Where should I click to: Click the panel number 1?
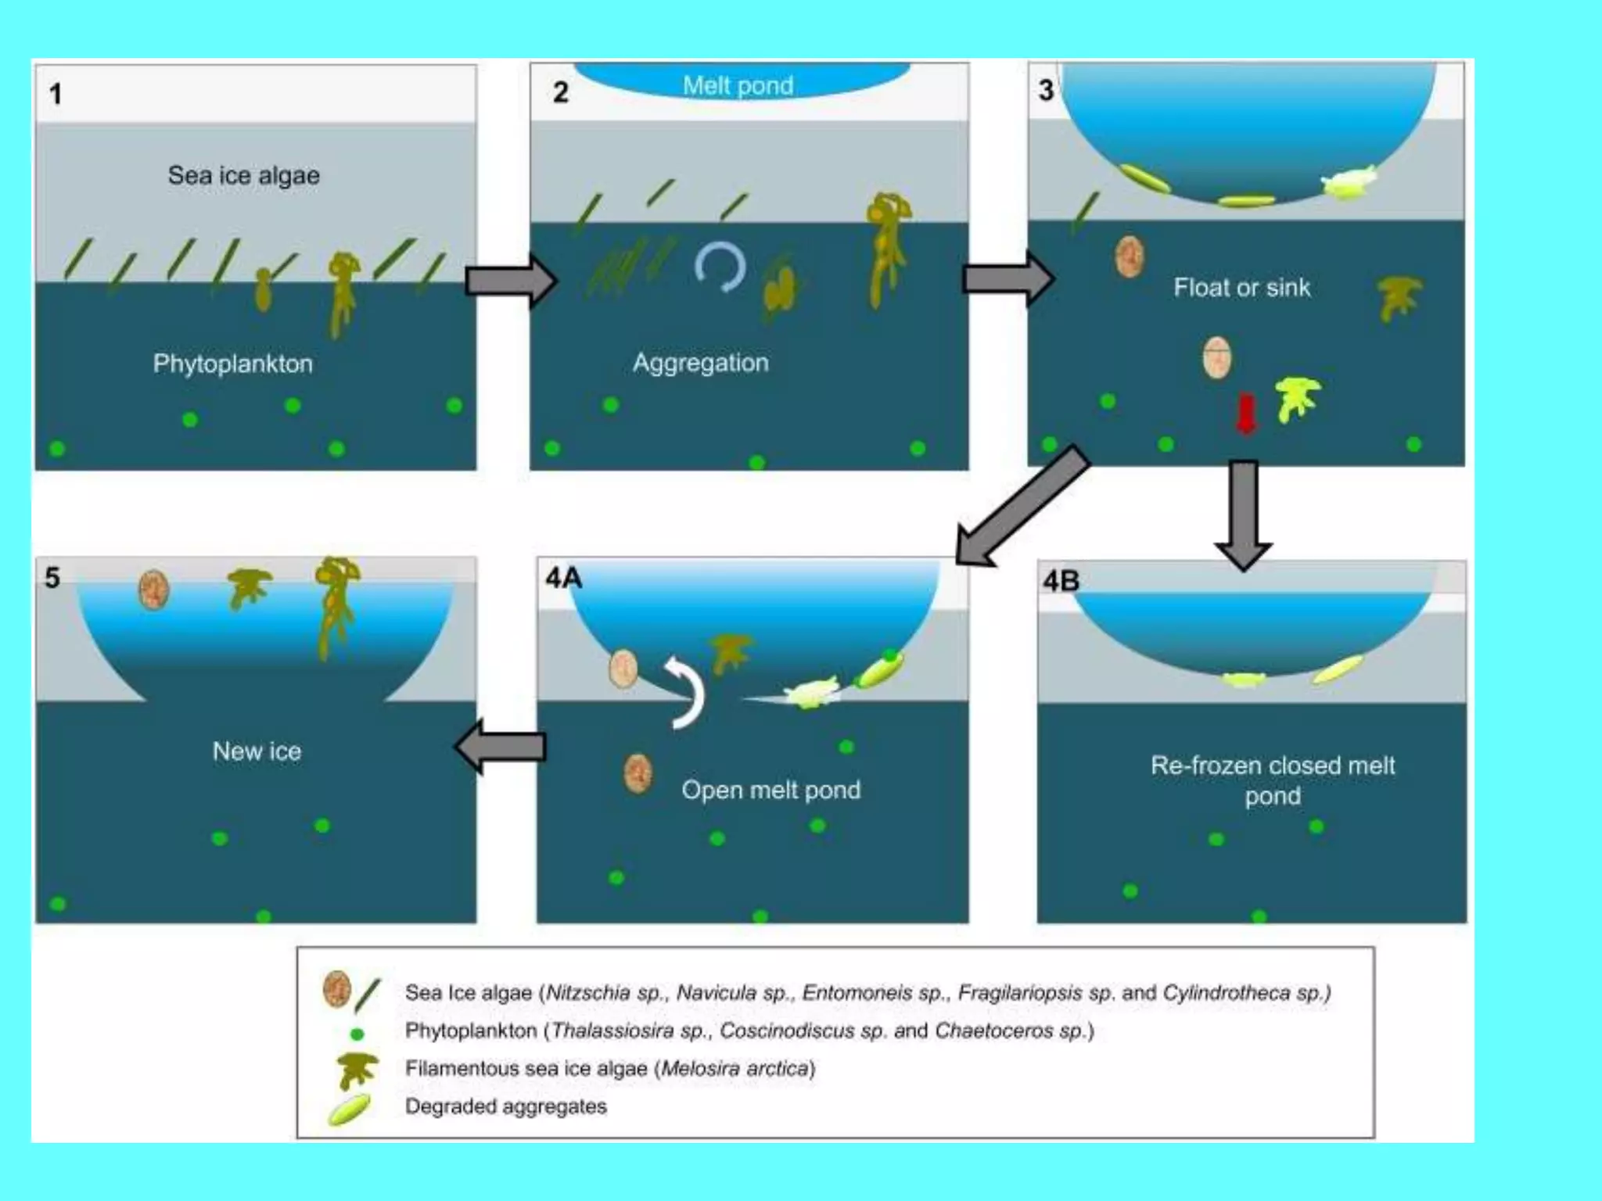point(56,95)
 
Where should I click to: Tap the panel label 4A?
point(564,578)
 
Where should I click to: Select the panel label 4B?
point(1061,581)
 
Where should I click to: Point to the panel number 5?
point(52,578)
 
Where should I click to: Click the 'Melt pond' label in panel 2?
point(738,85)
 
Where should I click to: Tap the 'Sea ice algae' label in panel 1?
point(243,175)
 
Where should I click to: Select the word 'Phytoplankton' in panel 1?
point(232,364)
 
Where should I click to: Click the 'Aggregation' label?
point(700,363)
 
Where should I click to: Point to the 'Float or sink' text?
point(1241,288)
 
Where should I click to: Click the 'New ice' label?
point(257,751)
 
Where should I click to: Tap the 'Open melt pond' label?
point(770,790)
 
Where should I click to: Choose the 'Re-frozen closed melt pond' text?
point(1272,780)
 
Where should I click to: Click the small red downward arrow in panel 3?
point(1245,413)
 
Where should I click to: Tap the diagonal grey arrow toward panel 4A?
point(1021,507)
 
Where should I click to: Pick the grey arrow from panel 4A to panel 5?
point(501,747)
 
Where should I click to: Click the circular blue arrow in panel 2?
point(720,267)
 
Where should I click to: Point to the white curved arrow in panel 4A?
point(686,692)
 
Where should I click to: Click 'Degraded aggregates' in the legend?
point(505,1106)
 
